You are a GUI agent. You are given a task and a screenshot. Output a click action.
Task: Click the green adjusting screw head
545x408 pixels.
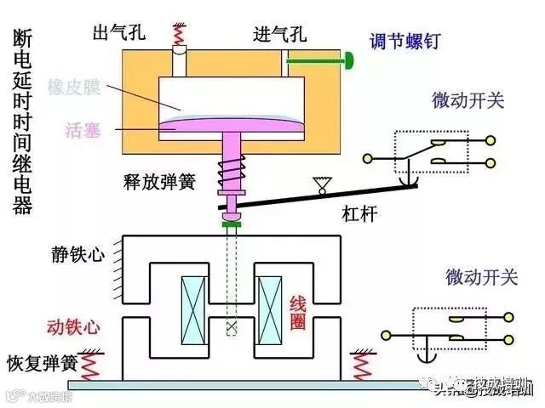pos(349,59)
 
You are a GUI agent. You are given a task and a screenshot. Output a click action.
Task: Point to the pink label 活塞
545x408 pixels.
pos(83,129)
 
